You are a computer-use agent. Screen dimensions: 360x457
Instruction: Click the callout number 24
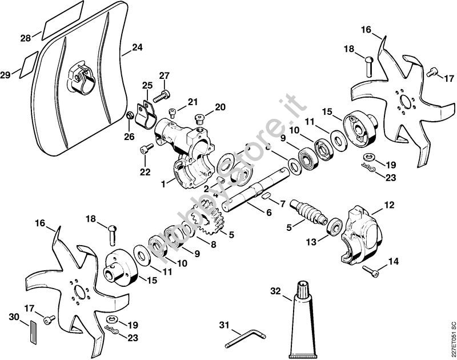coord(137,47)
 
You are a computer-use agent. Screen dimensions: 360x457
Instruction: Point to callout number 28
coord(26,38)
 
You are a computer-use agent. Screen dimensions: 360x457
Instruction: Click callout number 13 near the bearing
coord(310,242)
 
